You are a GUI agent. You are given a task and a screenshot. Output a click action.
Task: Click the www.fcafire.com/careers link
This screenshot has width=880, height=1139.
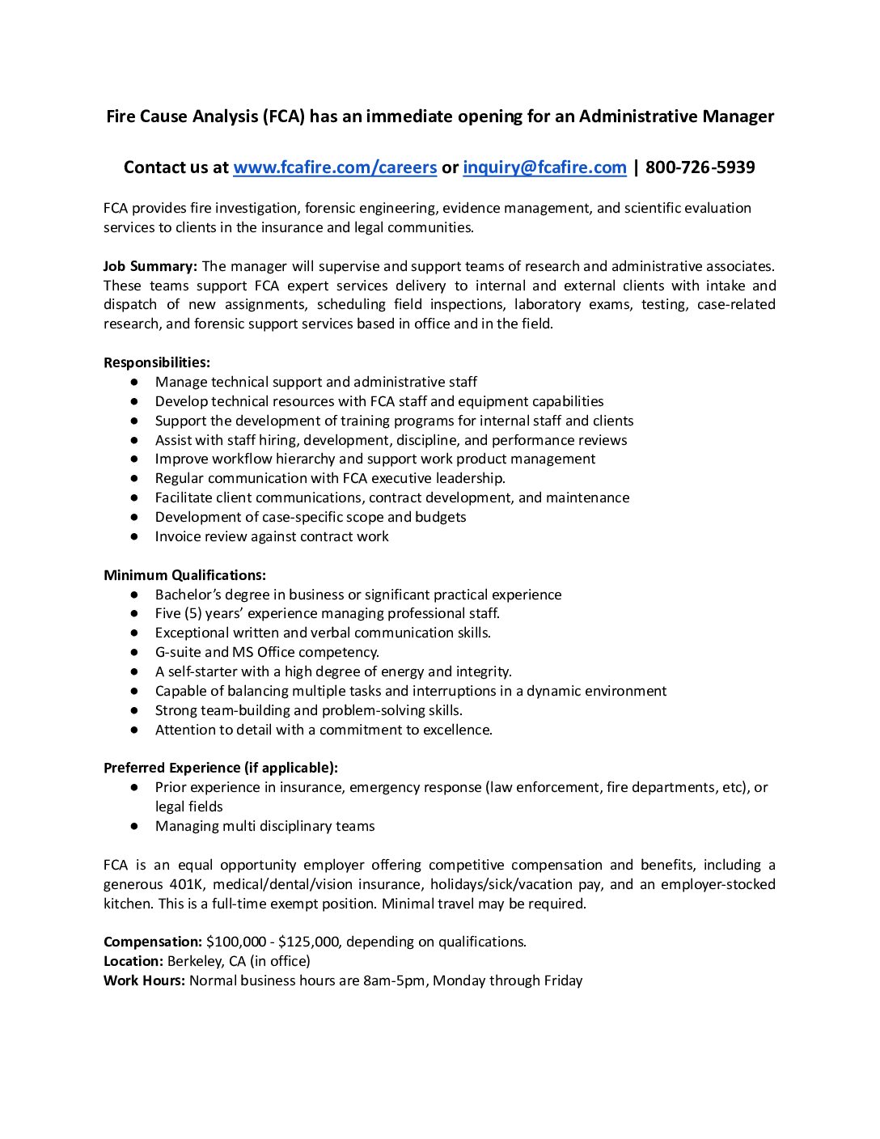pyautogui.click(x=335, y=167)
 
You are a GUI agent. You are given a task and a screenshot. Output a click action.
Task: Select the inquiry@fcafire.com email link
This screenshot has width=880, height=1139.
pyautogui.click(x=544, y=167)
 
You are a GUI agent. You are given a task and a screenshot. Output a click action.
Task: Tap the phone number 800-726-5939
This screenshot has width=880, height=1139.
pyautogui.click(x=700, y=167)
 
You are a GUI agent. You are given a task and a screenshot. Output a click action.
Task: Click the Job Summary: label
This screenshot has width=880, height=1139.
pyautogui.click(x=150, y=266)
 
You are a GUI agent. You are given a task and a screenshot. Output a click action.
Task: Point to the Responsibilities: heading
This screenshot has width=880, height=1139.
pyautogui.click(x=157, y=362)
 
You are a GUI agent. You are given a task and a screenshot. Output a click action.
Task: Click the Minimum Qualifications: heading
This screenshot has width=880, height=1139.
pyautogui.click(x=184, y=575)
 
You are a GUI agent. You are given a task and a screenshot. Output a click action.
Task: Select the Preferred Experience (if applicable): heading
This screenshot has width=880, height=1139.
pyautogui.click(x=221, y=768)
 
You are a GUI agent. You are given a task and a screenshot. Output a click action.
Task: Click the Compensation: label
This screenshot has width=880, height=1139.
pyautogui.click(x=153, y=942)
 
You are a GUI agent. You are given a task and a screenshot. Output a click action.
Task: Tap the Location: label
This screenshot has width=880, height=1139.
pyautogui.click(x=133, y=961)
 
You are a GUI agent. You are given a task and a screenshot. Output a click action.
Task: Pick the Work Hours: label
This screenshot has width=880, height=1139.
pyautogui.click(x=144, y=980)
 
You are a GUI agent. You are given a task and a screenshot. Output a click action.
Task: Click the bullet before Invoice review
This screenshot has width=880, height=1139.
pyautogui.click(x=134, y=536)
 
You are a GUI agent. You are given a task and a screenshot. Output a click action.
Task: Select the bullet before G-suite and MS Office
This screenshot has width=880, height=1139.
pyautogui.click(x=134, y=652)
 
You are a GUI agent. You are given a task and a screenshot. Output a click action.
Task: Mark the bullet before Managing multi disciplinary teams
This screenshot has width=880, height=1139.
pyautogui.click(x=134, y=826)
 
